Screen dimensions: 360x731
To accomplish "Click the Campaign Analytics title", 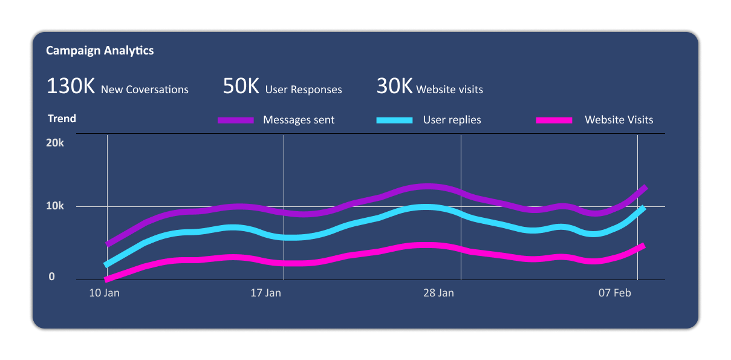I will (100, 51).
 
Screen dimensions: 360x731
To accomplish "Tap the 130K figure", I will (71, 86).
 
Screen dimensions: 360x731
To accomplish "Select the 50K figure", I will (241, 86).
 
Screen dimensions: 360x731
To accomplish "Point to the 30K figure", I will (394, 86).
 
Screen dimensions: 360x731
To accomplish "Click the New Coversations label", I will (145, 90).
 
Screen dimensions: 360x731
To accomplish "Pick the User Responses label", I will (304, 90).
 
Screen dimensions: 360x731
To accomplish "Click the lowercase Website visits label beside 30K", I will (449, 90).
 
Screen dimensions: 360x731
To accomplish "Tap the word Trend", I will (62, 119).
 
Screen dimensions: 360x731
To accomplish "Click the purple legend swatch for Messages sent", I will (236, 120).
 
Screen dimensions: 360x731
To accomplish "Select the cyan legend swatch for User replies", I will (394, 120).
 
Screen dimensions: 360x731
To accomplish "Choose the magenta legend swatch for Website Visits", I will (554, 120).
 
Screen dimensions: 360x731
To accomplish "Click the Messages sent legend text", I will (299, 120).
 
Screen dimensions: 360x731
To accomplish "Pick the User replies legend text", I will (452, 120).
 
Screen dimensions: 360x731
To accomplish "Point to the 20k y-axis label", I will (55, 143).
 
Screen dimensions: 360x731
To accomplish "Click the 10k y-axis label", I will (55, 206).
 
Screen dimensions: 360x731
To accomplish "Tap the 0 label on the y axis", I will (52, 277).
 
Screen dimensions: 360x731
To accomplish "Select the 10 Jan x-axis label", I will (104, 293).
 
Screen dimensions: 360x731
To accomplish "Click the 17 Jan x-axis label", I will (265, 293).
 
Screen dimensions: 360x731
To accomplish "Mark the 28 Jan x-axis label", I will (438, 293).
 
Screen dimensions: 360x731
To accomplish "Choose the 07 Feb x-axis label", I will (615, 293).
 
